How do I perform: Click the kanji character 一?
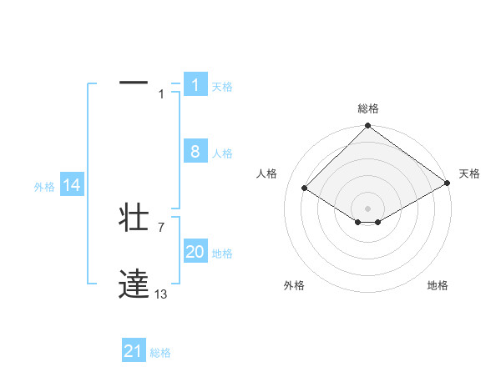click(x=134, y=83)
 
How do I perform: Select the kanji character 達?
click(x=134, y=284)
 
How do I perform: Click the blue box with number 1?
click(x=195, y=85)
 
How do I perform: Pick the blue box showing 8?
click(x=195, y=152)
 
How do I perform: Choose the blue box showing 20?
click(x=195, y=252)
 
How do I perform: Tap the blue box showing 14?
click(x=72, y=185)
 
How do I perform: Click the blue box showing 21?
click(x=133, y=351)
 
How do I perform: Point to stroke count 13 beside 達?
click(x=161, y=294)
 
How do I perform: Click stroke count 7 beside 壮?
click(x=161, y=227)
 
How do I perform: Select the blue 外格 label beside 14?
click(x=44, y=187)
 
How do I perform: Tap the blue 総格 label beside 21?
click(x=160, y=353)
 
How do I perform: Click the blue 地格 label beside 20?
click(x=222, y=254)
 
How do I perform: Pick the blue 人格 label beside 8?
click(x=222, y=153)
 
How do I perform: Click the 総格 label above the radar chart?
click(x=368, y=108)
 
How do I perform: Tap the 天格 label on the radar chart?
click(x=469, y=173)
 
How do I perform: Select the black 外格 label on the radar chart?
click(x=294, y=285)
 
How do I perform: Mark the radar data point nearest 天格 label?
click(x=448, y=183)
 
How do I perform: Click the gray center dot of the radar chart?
click(x=367, y=208)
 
